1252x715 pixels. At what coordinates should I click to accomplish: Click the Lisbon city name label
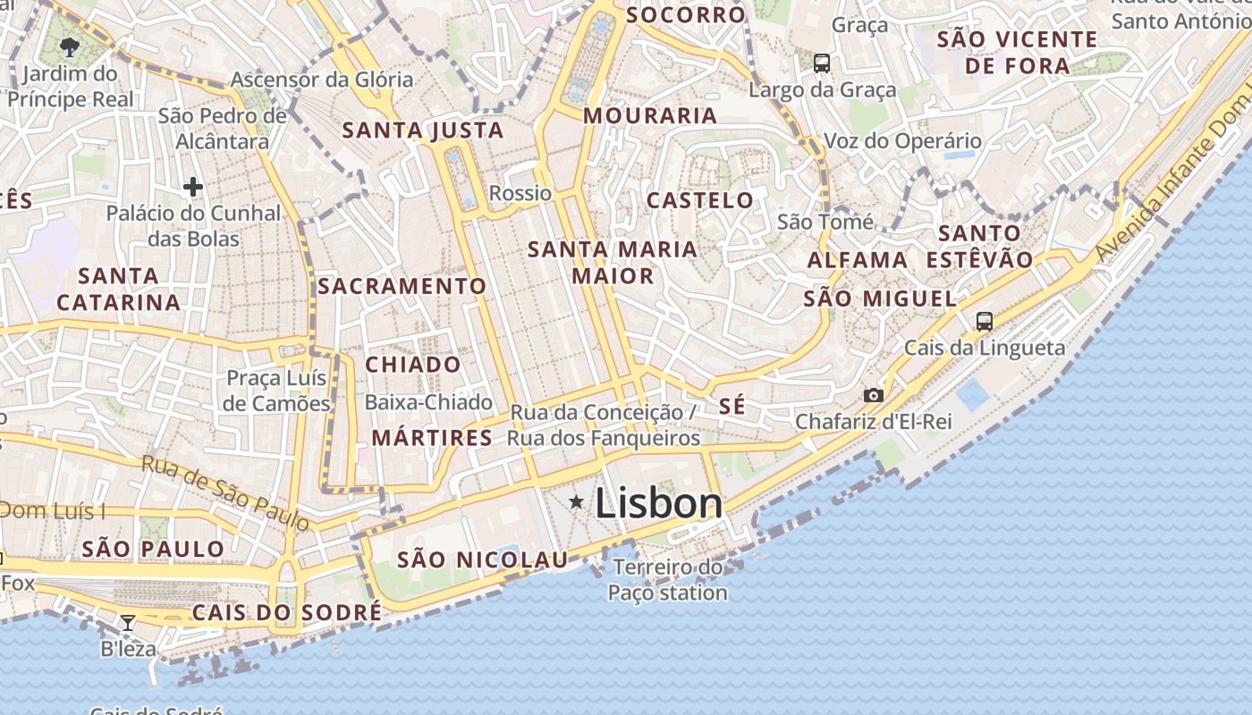click(x=658, y=503)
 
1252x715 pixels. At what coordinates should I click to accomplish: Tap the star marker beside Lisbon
click(x=577, y=502)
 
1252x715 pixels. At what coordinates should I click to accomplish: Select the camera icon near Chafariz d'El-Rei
click(x=873, y=395)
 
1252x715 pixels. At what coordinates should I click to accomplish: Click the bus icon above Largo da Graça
click(x=822, y=63)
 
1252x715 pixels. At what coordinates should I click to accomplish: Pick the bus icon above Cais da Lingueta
click(x=985, y=322)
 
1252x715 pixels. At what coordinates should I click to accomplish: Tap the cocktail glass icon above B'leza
click(x=128, y=622)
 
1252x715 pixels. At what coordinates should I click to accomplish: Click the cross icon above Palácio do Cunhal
click(x=192, y=187)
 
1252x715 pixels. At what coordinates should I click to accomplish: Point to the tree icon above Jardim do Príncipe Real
click(x=71, y=46)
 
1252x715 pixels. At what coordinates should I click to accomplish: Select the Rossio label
click(x=520, y=193)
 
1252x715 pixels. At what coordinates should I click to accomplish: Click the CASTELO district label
click(x=700, y=200)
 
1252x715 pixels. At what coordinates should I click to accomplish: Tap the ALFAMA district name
click(x=858, y=260)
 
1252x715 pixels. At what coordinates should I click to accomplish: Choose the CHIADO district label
click(x=413, y=365)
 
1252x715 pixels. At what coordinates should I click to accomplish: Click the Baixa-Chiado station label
click(x=428, y=402)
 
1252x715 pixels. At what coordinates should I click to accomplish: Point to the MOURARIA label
click(x=650, y=115)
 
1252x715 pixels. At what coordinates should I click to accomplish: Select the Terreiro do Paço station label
click(x=668, y=580)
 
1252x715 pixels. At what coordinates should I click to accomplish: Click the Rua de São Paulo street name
click(x=225, y=491)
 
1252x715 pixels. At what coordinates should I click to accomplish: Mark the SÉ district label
click(x=732, y=406)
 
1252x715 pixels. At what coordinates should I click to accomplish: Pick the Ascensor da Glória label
click(x=322, y=80)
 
